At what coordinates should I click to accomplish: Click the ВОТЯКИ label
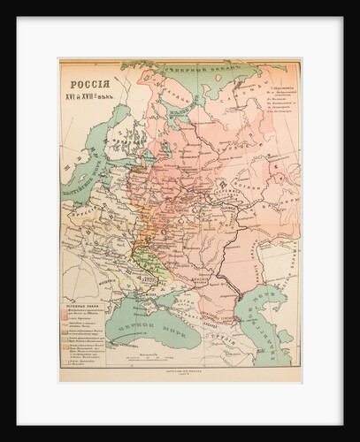tap(257, 190)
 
